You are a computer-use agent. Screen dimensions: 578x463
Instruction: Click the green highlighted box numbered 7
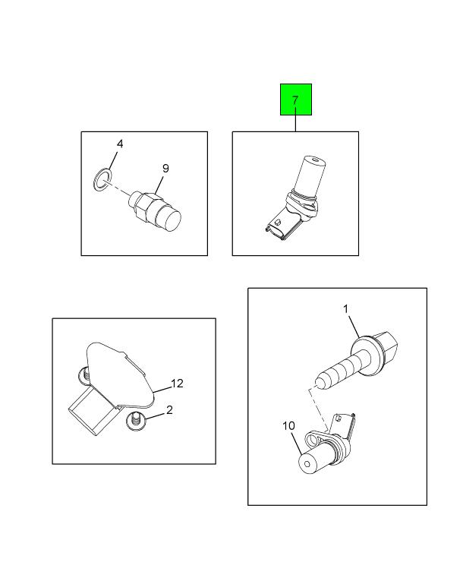296,99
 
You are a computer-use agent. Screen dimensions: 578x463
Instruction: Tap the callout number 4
119,144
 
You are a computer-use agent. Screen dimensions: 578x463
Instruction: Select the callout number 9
165,169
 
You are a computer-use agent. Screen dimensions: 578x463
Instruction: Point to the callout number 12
177,384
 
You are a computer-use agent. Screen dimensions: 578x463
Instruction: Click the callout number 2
169,410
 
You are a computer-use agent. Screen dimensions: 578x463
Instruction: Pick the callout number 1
345,309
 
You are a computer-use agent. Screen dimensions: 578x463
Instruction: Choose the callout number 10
289,426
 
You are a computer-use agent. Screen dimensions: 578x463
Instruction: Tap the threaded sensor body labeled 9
156,210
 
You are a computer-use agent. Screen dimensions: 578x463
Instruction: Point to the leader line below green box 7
296,123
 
